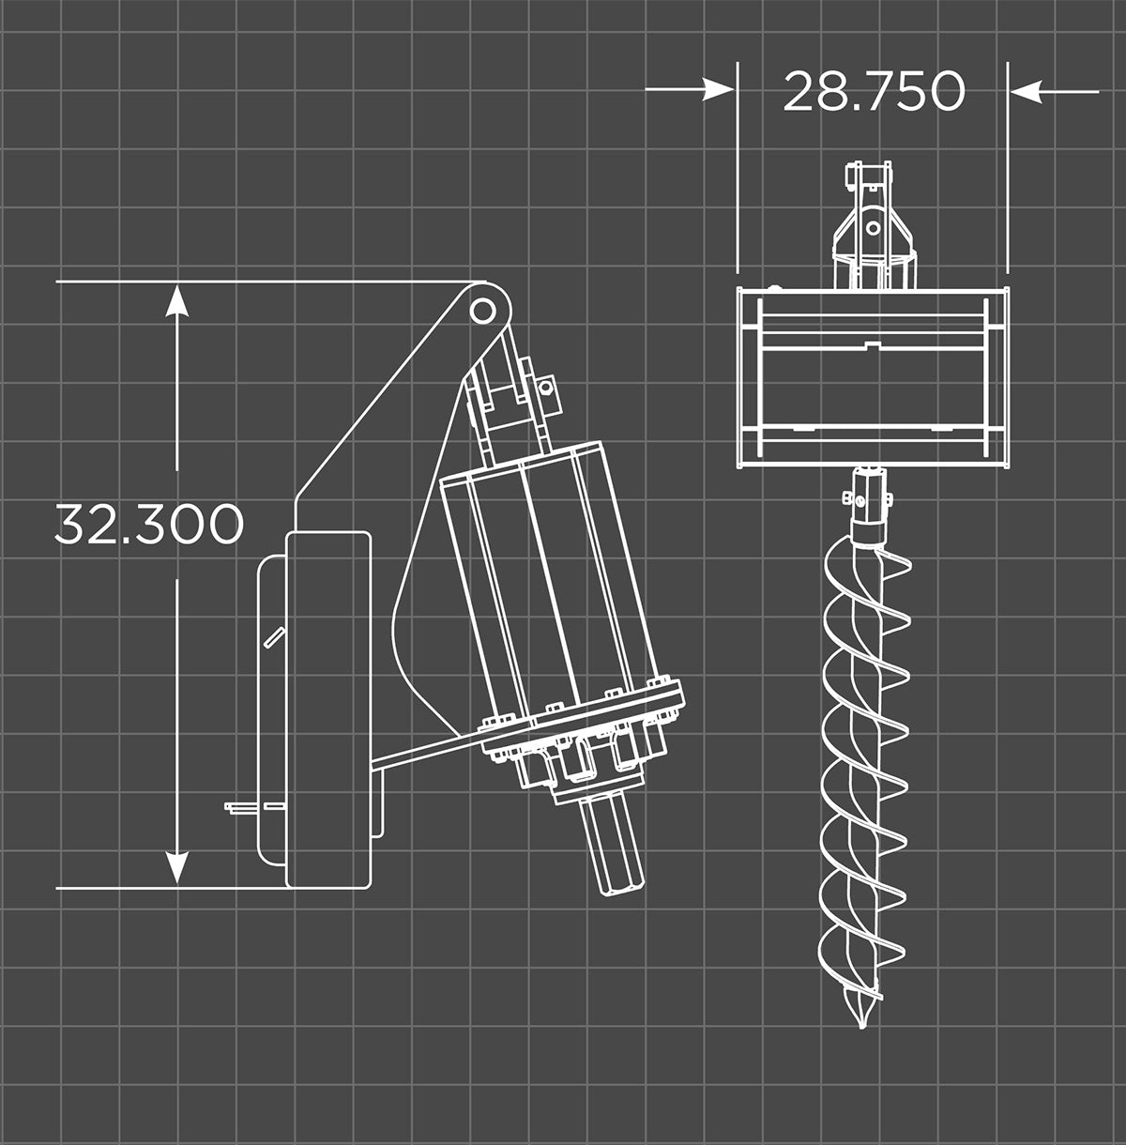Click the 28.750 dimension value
tap(873, 91)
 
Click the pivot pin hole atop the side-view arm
tap(482, 309)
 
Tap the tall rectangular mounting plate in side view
tap(327, 709)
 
